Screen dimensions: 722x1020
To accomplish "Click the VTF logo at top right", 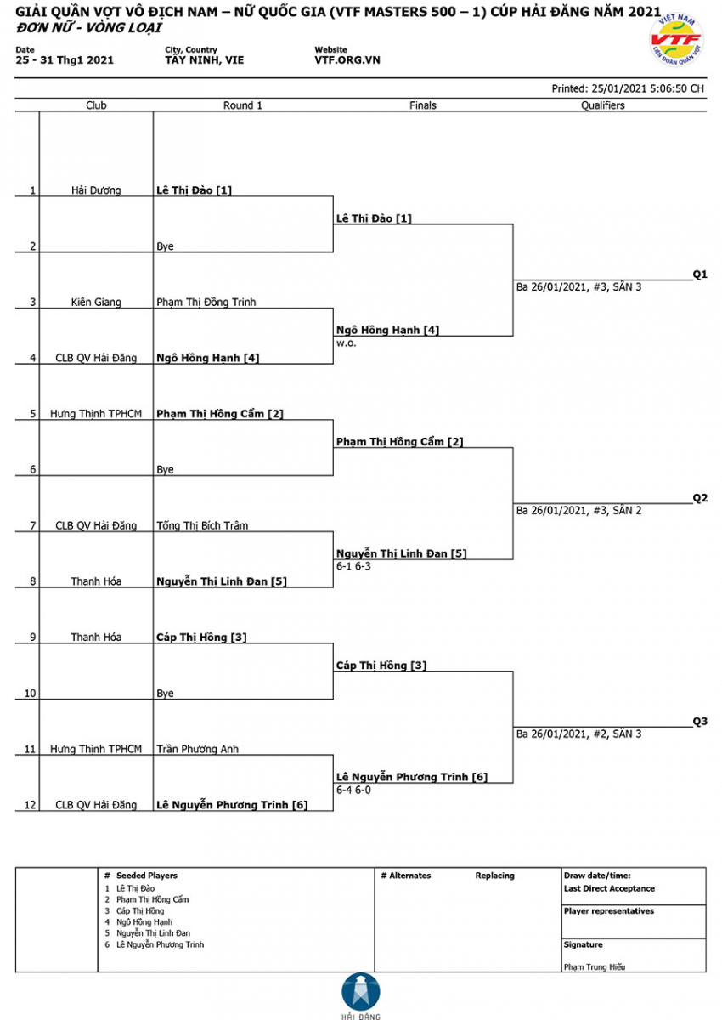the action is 676,40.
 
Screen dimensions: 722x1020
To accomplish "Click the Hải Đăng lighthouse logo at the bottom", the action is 361,996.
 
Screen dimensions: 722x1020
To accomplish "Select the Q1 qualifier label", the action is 700,274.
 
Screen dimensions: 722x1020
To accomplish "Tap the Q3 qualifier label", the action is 700,721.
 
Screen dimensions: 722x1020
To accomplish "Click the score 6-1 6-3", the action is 353,566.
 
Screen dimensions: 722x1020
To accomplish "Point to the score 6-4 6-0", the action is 353,790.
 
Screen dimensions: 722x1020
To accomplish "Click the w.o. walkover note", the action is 347,343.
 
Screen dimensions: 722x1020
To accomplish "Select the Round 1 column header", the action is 242,105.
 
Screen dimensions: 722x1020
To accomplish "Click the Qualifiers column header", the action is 602,105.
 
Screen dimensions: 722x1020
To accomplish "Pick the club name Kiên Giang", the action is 96,302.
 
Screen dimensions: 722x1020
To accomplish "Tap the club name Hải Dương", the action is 96,190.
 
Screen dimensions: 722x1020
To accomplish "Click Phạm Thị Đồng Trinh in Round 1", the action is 206,302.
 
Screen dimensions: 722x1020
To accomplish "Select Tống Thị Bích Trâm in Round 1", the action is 202,525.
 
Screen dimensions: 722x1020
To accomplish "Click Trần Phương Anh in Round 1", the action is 197,749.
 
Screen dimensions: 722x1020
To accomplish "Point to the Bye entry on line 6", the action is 165,469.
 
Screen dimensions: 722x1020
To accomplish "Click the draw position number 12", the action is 30,805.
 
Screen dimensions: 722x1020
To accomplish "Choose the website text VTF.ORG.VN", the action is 347,60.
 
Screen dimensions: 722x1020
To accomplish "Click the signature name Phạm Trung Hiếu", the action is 594,966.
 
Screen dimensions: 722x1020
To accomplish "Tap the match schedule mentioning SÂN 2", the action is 578,511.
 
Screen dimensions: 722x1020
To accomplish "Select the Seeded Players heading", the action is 146,875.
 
